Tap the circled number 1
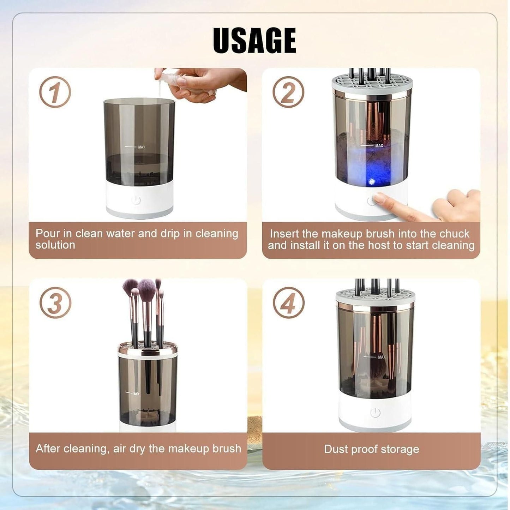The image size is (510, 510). pos(55,92)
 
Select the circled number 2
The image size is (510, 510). pos(288,92)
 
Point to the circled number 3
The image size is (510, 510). pos(55,303)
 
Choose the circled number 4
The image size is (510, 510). pos(289,303)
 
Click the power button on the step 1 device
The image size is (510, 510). pos(136,200)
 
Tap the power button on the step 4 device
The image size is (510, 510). pos(375,412)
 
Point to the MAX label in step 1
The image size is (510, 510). pos(142,147)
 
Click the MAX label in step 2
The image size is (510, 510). pos(379,145)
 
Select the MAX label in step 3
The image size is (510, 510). pos(136,394)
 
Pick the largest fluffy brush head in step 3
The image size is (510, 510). pos(147,289)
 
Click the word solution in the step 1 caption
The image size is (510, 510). pos(55,245)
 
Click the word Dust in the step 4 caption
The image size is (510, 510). pos(336,449)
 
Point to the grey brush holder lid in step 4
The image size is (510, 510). pos(375,296)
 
